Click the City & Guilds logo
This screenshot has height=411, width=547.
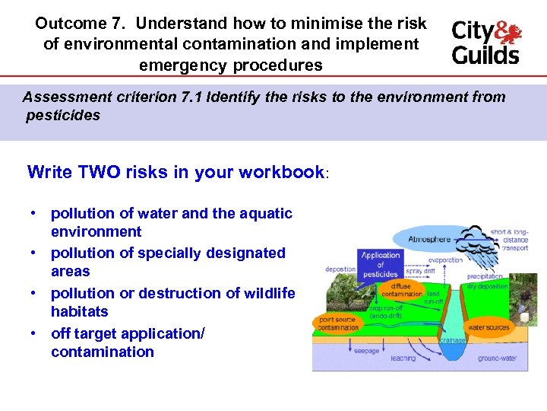486,43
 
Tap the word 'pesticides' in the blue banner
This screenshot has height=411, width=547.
62,116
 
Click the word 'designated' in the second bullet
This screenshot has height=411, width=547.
248,253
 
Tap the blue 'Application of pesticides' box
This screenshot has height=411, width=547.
381,264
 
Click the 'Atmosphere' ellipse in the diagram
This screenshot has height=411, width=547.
428,239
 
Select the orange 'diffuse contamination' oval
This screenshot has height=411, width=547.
402,289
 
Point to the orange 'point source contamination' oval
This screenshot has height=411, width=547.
339,323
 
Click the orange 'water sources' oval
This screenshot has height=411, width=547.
488,327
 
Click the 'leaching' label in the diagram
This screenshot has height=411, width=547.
403,357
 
